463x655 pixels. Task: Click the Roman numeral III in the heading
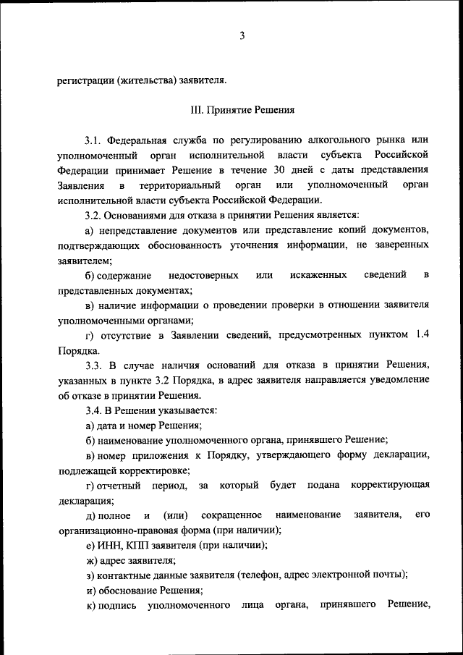coord(199,111)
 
